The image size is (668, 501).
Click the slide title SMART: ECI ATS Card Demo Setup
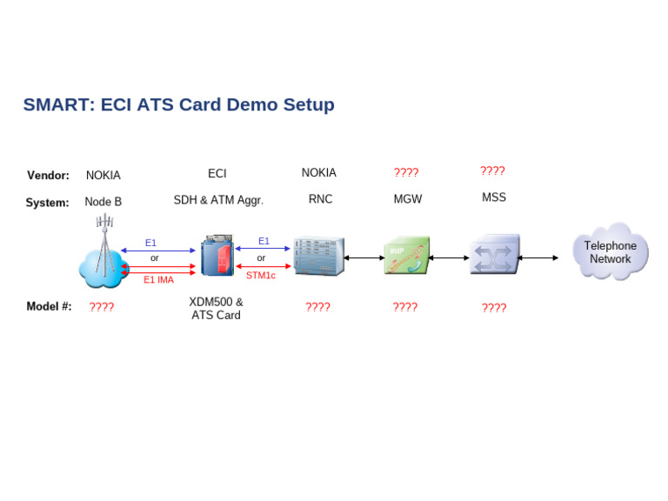tap(178, 105)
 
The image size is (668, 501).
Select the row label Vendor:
tap(48, 175)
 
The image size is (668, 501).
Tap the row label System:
tap(48, 203)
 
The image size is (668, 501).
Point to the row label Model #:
tap(49, 306)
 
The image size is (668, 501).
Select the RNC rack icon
tap(317, 257)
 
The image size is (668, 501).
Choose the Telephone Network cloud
tap(611, 252)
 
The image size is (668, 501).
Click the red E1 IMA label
tap(158, 280)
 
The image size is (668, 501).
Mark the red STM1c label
tap(260, 276)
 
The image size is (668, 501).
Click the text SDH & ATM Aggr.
tap(218, 200)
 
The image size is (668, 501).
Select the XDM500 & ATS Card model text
tap(216, 309)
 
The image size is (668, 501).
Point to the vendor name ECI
tap(217, 174)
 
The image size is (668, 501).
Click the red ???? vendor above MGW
tap(406, 173)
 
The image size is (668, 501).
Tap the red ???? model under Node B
tap(102, 307)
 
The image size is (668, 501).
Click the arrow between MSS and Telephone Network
tap(538, 257)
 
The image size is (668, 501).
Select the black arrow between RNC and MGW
tap(364, 257)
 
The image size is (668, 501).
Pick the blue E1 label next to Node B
tap(150, 243)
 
